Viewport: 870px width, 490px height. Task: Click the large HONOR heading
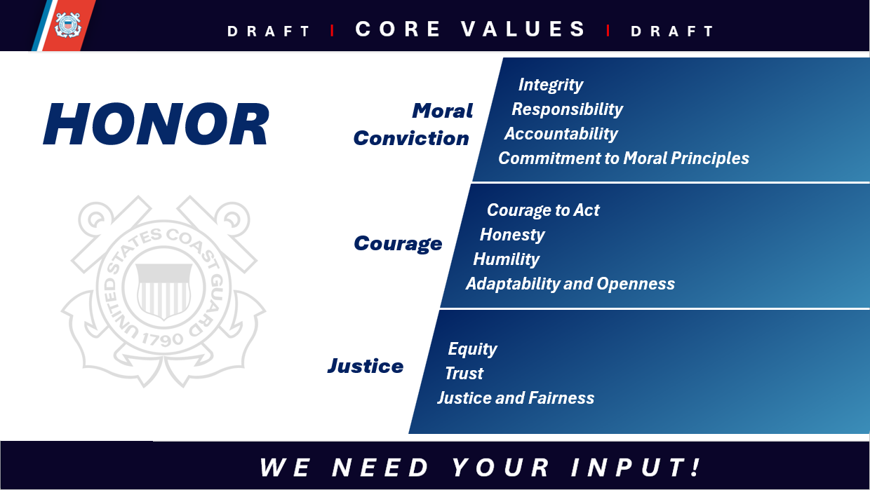[x=156, y=125]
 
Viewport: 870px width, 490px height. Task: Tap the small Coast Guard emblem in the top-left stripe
[x=68, y=25]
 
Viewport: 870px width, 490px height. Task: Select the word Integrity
[x=551, y=85]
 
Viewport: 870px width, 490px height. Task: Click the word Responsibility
[x=567, y=109]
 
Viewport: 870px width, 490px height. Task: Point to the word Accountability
[x=561, y=134]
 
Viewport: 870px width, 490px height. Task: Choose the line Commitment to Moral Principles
[x=623, y=158]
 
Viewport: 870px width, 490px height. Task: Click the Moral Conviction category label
[x=413, y=125]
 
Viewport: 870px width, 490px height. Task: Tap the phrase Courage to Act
[x=543, y=210]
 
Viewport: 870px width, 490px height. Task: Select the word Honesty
[x=512, y=235]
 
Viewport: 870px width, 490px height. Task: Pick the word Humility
[x=506, y=259]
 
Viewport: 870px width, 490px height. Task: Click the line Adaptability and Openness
[x=570, y=284]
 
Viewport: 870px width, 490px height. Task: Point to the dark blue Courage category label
[x=398, y=243]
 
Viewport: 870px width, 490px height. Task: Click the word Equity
[x=472, y=349]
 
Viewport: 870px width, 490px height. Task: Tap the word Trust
[x=464, y=374]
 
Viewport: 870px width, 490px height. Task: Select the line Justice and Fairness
[x=516, y=398]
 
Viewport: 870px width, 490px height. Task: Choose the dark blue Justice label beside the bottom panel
[x=365, y=366]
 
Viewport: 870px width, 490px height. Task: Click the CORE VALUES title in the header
[x=470, y=29]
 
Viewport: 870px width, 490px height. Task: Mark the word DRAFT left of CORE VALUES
[x=269, y=32]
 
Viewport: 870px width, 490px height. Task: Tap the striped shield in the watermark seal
[x=163, y=290]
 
